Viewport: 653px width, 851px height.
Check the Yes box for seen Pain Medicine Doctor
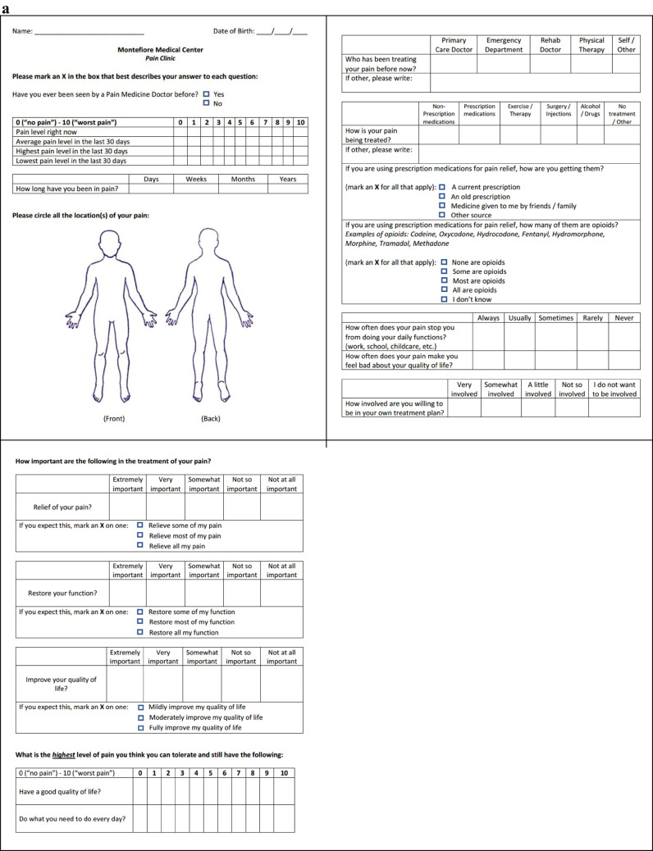tap(207, 94)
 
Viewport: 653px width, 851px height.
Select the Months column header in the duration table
tap(243, 179)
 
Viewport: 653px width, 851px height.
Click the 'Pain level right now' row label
tap(48, 132)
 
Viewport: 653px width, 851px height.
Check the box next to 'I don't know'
tap(444, 300)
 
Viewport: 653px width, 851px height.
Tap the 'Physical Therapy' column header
tap(591, 44)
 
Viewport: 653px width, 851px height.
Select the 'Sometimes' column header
tap(556, 318)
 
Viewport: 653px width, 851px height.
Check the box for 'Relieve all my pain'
tap(140, 545)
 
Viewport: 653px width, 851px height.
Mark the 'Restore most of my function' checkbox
tap(140, 621)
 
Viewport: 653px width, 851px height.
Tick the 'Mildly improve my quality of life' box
tap(141, 707)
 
